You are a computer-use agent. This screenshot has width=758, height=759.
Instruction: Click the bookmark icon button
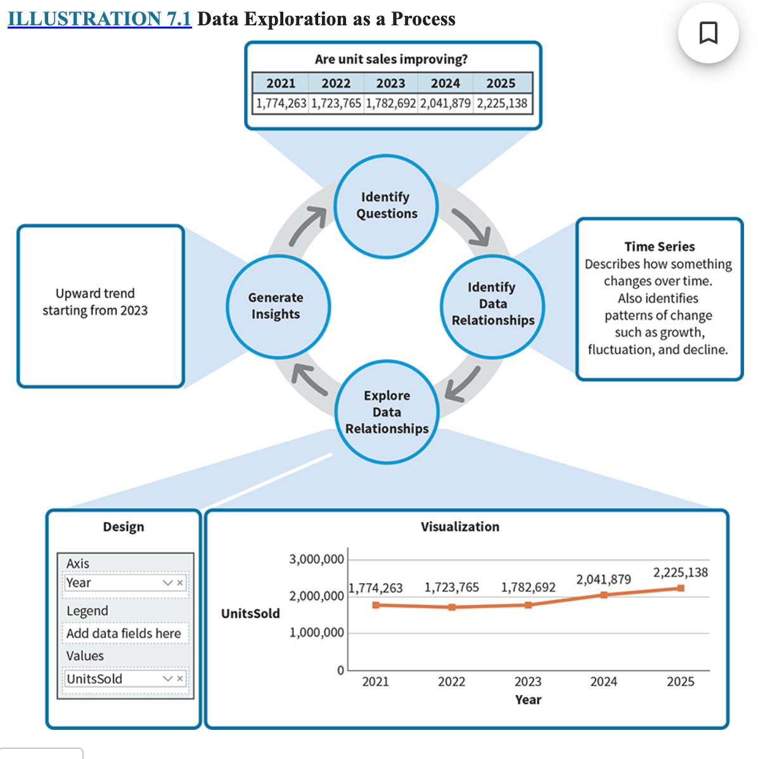[x=708, y=33]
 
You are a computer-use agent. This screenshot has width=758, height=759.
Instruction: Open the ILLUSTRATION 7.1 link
[x=100, y=19]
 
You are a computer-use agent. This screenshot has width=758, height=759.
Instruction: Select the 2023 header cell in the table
[x=390, y=83]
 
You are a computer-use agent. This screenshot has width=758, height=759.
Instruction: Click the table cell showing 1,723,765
[x=336, y=103]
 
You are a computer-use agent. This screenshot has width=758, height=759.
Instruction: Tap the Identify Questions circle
[x=386, y=206]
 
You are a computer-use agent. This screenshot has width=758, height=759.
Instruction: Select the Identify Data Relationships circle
[x=492, y=305]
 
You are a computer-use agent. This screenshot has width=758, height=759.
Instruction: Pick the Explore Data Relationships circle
[x=387, y=412]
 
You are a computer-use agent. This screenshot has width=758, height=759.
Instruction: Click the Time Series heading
[x=659, y=246]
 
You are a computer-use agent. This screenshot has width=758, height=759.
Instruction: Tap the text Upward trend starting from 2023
[x=95, y=302]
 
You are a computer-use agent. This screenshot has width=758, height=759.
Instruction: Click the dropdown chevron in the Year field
[x=167, y=583]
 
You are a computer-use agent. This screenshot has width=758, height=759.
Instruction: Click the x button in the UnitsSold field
[x=180, y=679]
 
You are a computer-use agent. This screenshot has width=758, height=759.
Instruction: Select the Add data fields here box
[x=124, y=634]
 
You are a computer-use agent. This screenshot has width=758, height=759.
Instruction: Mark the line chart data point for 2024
[x=604, y=595]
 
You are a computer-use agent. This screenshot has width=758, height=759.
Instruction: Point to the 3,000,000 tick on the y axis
[x=316, y=559]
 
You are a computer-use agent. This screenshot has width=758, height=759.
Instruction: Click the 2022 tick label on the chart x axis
[x=451, y=682]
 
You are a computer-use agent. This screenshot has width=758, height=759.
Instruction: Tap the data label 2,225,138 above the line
[x=680, y=573]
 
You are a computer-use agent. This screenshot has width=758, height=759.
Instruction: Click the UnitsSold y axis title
[x=250, y=613]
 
